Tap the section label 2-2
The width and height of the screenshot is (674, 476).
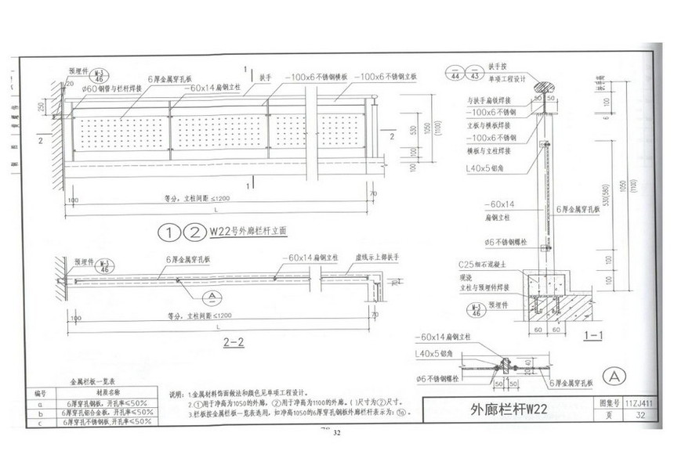[234, 342]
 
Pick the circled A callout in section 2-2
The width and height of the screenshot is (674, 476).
[208, 296]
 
